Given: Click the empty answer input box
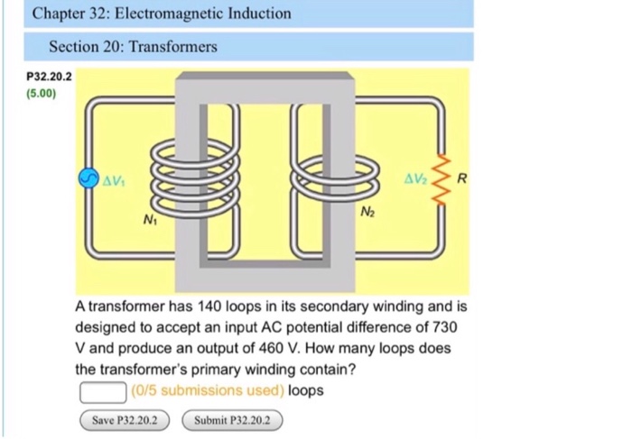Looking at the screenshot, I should point(101,391).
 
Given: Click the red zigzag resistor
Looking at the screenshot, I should point(442,178).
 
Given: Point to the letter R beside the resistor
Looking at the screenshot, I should point(461,178).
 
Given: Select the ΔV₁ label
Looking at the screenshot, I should point(113,178).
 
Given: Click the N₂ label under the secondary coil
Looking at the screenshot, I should point(367,213).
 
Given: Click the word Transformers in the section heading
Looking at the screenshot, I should point(172,46).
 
